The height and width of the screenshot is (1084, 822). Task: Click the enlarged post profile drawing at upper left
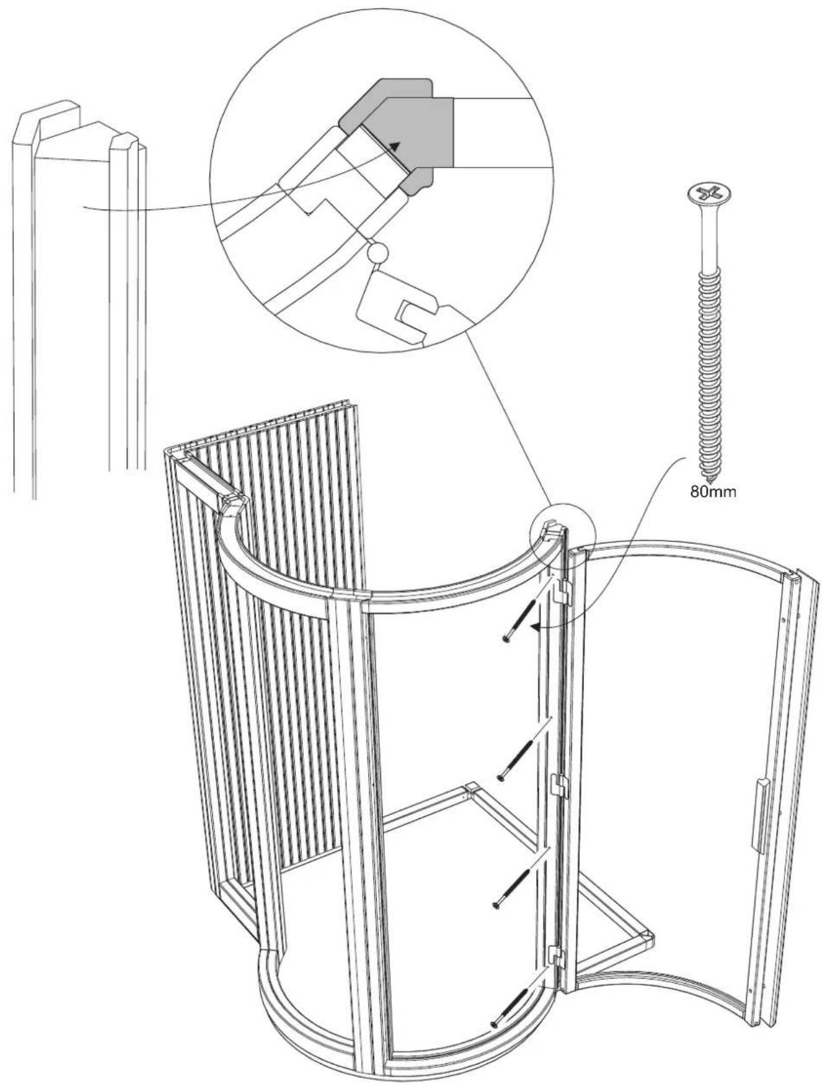pyautogui.click(x=78, y=291)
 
